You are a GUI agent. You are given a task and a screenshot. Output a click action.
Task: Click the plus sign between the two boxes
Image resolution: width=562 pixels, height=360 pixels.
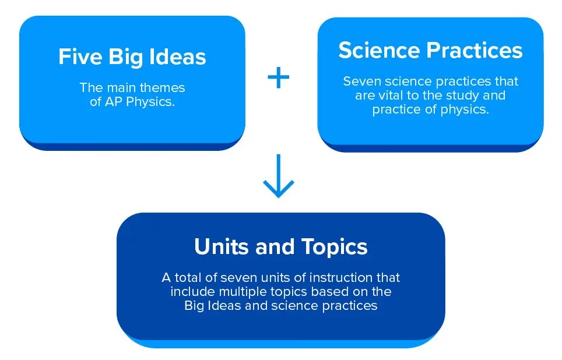[x=279, y=77]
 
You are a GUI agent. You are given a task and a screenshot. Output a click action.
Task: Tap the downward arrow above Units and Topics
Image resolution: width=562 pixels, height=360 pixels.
[x=279, y=176]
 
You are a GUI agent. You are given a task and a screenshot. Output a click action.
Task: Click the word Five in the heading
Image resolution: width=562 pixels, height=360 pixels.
[x=80, y=57]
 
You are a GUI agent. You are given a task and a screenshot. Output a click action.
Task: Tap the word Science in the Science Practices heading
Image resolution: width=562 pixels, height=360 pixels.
[x=379, y=50]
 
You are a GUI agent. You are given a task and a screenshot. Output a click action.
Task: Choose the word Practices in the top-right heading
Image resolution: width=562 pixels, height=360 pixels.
[x=475, y=50]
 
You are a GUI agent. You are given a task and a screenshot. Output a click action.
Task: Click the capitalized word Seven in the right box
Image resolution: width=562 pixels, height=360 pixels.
[x=361, y=82]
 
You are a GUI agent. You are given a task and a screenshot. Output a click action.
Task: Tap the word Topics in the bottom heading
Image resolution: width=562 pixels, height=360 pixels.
[x=335, y=248]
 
